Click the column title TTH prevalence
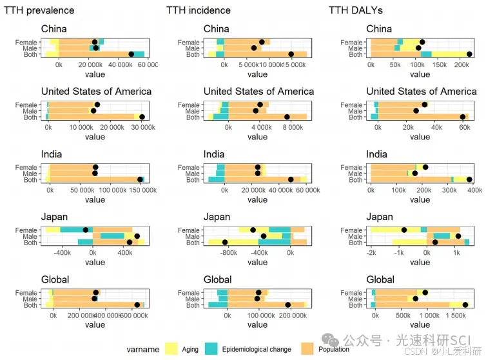(x=39, y=10)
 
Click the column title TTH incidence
(x=198, y=10)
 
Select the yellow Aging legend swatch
(x=172, y=348)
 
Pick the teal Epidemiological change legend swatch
(x=212, y=348)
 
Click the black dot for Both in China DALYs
(x=469, y=55)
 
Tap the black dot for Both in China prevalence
(x=131, y=55)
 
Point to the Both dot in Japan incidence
(x=225, y=243)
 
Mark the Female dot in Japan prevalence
(x=86, y=230)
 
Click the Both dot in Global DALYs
(x=465, y=305)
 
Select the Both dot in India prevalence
(x=140, y=180)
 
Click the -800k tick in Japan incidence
(x=229, y=254)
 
